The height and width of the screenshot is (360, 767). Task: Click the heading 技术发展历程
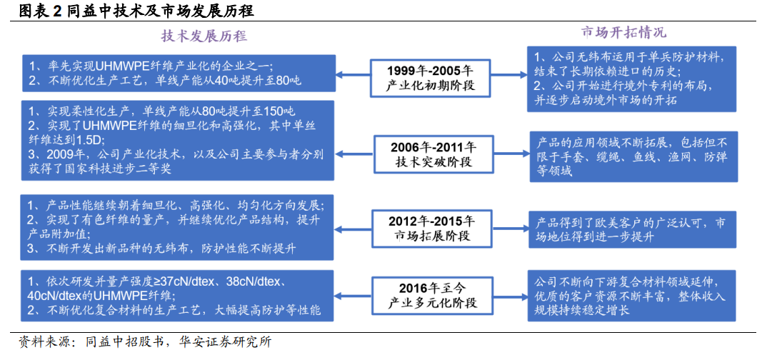204,36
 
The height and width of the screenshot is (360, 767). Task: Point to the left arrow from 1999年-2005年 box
354,75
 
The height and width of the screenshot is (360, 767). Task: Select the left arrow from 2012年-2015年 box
354,227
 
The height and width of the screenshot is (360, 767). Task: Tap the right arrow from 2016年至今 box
510,294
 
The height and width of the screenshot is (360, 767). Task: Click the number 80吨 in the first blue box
289,81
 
